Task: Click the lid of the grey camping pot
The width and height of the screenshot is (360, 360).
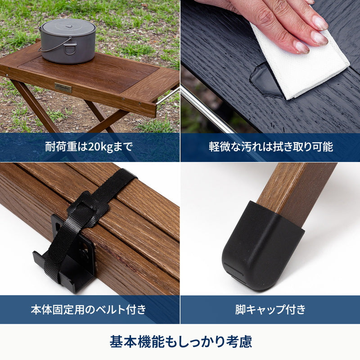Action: pyautogui.click(x=68, y=27)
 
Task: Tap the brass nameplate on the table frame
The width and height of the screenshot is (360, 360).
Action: pyautogui.click(x=63, y=87)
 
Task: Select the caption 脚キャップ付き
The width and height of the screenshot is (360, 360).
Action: pyautogui.click(x=270, y=309)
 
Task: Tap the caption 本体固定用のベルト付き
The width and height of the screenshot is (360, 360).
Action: pyautogui.click(x=89, y=309)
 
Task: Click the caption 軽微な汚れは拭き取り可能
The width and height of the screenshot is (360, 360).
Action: pyautogui.click(x=271, y=147)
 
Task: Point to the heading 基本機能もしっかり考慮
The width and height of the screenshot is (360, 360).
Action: pyautogui.click(x=181, y=342)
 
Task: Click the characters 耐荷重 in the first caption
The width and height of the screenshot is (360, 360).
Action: pyautogui.click(x=61, y=147)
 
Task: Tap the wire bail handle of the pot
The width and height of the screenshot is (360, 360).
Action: pyautogui.click(x=54, y=45)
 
